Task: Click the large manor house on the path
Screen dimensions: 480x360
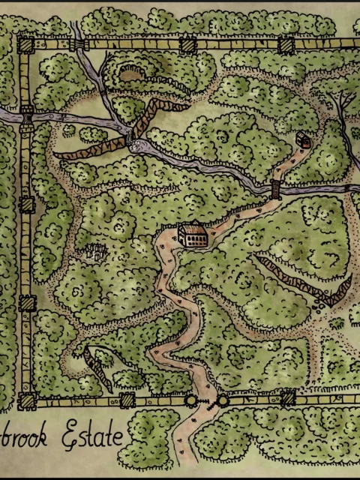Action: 193,235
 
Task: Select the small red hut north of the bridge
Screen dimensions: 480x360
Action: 303,139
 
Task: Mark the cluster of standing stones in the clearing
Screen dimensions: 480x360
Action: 94,252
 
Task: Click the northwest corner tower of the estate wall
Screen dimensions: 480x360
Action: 25,45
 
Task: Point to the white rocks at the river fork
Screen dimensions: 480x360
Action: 139,147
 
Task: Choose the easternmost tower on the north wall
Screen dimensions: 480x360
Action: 286,45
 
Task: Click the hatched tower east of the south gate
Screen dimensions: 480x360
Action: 287,398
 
